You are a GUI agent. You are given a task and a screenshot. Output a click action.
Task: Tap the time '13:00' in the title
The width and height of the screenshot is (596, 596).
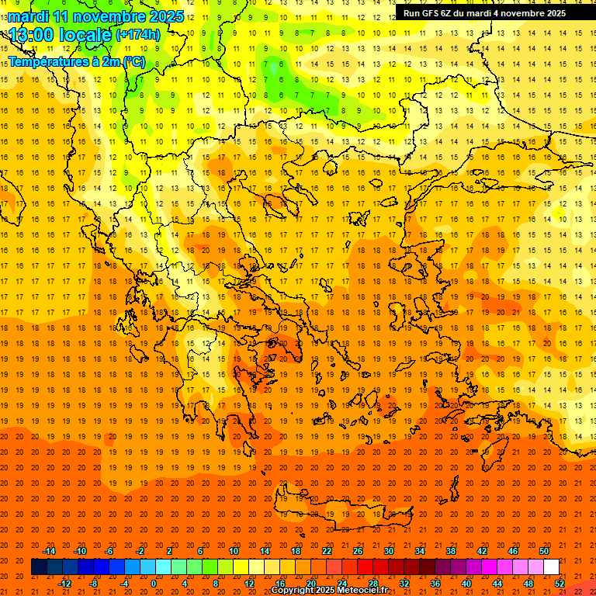coord(32,34)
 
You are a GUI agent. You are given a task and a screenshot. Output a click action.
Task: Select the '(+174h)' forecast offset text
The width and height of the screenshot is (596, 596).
coord(137,35)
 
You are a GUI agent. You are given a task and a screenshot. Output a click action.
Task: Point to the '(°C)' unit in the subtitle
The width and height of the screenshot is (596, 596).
coord(133,61)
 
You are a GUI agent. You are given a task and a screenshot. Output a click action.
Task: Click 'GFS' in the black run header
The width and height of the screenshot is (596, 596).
coord(431,13)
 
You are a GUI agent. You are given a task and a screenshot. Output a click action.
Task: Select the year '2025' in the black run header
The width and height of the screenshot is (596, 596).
coord(551,13)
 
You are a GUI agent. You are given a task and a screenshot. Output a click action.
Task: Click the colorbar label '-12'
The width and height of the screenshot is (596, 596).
coord(65,584)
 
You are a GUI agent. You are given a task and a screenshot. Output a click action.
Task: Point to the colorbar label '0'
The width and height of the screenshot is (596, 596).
coord(154,584)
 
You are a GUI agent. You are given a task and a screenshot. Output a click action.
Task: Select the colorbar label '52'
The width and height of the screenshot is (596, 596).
coord(560,584)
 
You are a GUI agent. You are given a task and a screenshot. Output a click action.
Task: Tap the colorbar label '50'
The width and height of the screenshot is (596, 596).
coord(544,551)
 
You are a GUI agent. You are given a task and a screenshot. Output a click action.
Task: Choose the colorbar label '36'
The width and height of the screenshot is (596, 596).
coord(435,584)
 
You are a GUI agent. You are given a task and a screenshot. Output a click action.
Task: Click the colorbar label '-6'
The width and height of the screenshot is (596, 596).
coord(109,551)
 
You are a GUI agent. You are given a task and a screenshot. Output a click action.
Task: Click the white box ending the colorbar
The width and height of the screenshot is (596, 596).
coord(551,567)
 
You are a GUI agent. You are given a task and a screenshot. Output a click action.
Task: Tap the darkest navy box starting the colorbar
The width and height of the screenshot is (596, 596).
coord(39,567)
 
